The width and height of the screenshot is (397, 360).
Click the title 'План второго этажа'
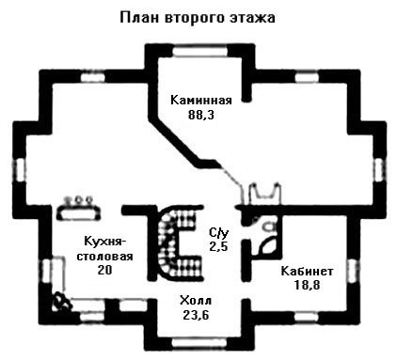pos(198,18)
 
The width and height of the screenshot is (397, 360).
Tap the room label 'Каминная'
pos(201,101)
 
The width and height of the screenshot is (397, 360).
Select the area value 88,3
pos(201,115)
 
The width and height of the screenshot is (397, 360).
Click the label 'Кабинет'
pos(307,272)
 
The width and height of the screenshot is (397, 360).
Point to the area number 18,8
pos(307,285)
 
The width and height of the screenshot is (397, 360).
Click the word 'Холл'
pos(196,301)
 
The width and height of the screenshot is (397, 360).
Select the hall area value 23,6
pos(196,315)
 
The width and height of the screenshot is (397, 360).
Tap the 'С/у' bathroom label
pos(218,233)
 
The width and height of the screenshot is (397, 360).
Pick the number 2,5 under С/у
pos(218,246)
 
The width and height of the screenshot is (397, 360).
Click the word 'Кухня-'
pos(105,242)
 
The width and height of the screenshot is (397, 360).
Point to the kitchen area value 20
pos(104,270)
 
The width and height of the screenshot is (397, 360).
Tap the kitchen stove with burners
pos(79,209)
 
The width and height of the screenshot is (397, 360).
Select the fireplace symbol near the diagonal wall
pos(264,193)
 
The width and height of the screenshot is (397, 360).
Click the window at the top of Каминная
pos(200,51)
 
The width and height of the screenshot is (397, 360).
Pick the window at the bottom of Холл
pos(200,342)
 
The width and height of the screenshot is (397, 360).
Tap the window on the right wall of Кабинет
pos(353,272)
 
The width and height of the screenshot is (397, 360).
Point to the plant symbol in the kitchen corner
pos(62,302)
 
